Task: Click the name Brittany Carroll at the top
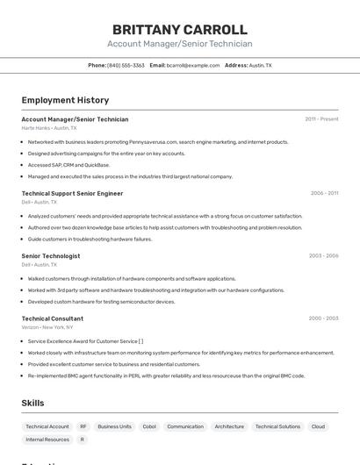coord(180,30)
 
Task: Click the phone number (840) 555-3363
coord(126,65)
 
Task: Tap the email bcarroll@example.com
coord(193,65)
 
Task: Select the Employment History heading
coord(65,100)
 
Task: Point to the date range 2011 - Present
coord(321,118)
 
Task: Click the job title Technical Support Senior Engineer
coord(72,193)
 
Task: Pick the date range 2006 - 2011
coord(324,193)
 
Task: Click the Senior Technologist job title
coord(50,255)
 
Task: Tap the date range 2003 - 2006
coord(323,255)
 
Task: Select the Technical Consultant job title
coord(52,318)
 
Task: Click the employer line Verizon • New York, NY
coord(47,327)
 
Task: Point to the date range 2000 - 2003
coord(323,318)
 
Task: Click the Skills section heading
coord(32,403)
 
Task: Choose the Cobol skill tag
coord(149,426)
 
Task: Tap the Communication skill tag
coord(185,426)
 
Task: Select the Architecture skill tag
coord(229,426)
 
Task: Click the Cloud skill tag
coord(318,426)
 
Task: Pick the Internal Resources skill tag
coord(47,440)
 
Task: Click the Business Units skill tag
coord(115,426)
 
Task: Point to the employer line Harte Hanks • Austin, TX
coord(49,127)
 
